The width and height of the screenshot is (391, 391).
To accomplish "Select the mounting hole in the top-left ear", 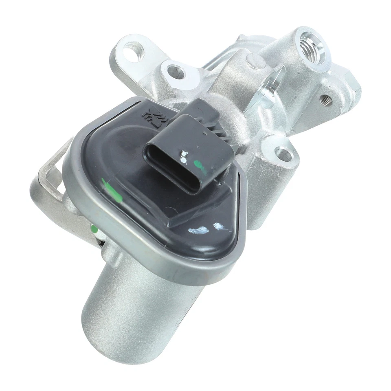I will [x=132, y=52].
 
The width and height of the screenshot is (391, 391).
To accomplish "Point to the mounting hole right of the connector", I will [x=283, y=154].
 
